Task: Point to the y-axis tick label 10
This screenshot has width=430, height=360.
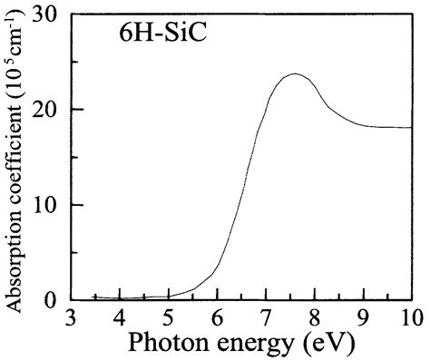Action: coord(46,205)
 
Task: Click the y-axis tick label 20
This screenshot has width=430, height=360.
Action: coord(46,110)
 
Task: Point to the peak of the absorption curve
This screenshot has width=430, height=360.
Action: coord(295,74)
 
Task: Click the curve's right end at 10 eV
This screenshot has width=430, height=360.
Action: coord(412,128)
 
